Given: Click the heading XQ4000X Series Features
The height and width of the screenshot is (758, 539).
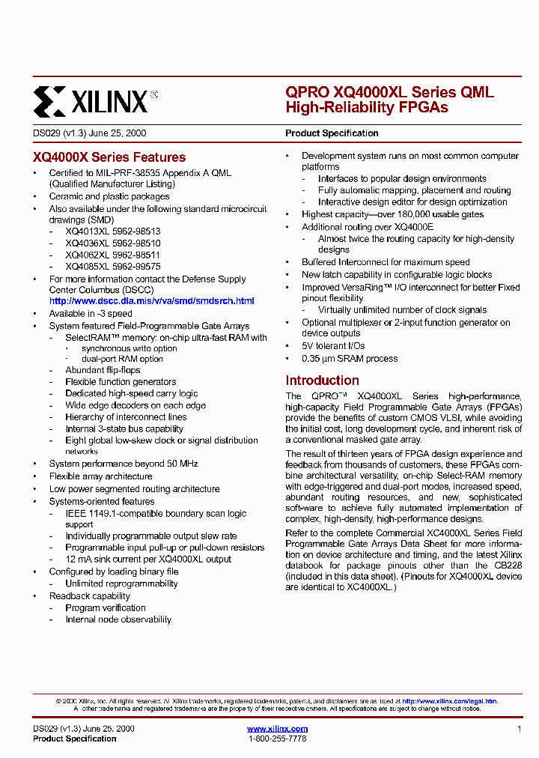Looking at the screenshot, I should coord(109,157).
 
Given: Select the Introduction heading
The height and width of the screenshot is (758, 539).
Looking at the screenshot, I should coord(322,380).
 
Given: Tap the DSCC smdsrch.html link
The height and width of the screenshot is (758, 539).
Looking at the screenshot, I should coord(151,300).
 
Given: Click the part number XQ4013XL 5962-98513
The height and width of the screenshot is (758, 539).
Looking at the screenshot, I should coord(112,232).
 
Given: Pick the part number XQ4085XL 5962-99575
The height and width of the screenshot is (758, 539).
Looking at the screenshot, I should coord(112,267).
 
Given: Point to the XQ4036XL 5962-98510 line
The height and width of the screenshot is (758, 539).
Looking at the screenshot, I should coord(112,243).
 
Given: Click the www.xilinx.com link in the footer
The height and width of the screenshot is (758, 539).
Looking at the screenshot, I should coord(277,729).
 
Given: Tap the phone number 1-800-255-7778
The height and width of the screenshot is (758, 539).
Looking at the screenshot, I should coord(277,739).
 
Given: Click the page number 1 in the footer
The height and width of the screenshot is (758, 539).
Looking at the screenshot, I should coord(519,729).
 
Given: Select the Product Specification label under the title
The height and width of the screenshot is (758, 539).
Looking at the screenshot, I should coord(332,133).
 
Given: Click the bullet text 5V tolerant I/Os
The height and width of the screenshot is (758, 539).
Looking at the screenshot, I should coord(333,346).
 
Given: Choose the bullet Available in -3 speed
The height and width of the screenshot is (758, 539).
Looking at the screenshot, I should coord(91,314).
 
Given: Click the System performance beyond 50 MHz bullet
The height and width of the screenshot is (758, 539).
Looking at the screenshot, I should coord(124,464).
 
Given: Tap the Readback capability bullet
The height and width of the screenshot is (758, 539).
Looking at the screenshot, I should coord(90,596).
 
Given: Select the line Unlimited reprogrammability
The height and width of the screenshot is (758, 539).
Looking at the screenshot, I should coord(121,583).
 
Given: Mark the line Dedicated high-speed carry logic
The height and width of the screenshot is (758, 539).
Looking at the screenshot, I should coord(132,393).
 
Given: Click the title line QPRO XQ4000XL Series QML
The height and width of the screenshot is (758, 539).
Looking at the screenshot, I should coord(389,93).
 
